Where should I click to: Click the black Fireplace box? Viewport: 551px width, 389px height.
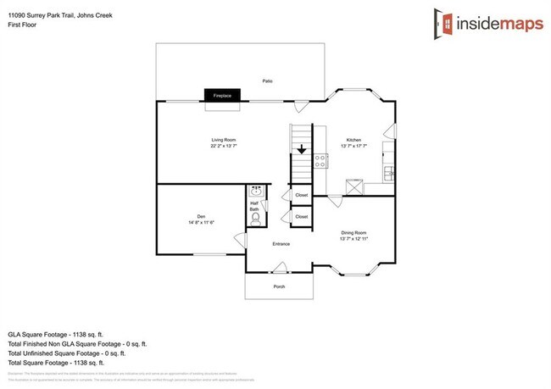click(222, 97)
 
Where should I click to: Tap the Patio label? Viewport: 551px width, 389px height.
click(267, 81)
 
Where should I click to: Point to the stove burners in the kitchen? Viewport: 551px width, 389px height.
click(321, 159)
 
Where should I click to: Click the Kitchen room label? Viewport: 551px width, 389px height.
click(353, 139)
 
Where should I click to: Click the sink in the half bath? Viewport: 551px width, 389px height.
click(258, 192)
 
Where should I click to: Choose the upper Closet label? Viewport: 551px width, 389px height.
click(301, 196)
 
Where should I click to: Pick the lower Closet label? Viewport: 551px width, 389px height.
click(301, 217)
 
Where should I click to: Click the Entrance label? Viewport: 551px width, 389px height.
click(281, 244)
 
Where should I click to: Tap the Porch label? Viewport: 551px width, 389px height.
click(279, 286)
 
